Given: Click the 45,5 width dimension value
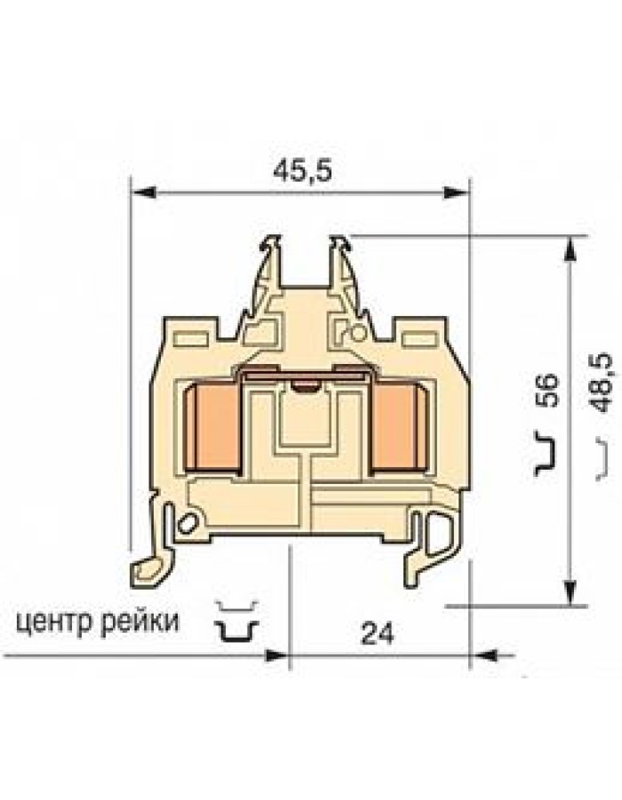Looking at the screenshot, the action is pos(302,170).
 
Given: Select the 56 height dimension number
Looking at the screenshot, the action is pos(549,391).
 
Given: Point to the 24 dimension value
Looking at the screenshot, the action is pos(378,634).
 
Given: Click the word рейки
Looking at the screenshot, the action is pos(140,622).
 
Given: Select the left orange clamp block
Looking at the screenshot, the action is pos(212,428).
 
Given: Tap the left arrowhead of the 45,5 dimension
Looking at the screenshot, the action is pos(143,193).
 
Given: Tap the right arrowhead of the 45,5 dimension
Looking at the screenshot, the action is pos(456,193).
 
